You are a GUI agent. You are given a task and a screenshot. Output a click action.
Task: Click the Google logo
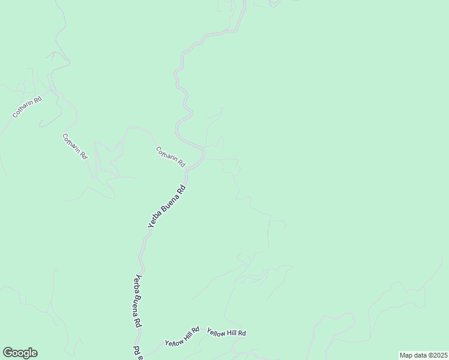pyautogui.click(x=20, y=353)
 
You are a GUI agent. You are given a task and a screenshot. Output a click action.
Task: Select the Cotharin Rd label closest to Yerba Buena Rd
pyautogui.click(x=170, y=157)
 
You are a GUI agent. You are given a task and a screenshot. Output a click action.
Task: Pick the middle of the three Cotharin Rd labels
pyautogui.click(x=75, y=146)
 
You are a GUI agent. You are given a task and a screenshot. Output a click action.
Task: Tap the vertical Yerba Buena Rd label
pyautogui.click(x=137, y=300)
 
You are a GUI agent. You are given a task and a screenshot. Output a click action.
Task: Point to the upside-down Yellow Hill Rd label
pyautogui.click(x=183, y=337)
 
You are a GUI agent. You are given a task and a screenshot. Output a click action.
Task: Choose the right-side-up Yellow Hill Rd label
pyautogui.click(x=226, y=332)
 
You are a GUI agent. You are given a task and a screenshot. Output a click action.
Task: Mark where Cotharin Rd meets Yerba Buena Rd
pyautogui.click(x=203, y=157)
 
